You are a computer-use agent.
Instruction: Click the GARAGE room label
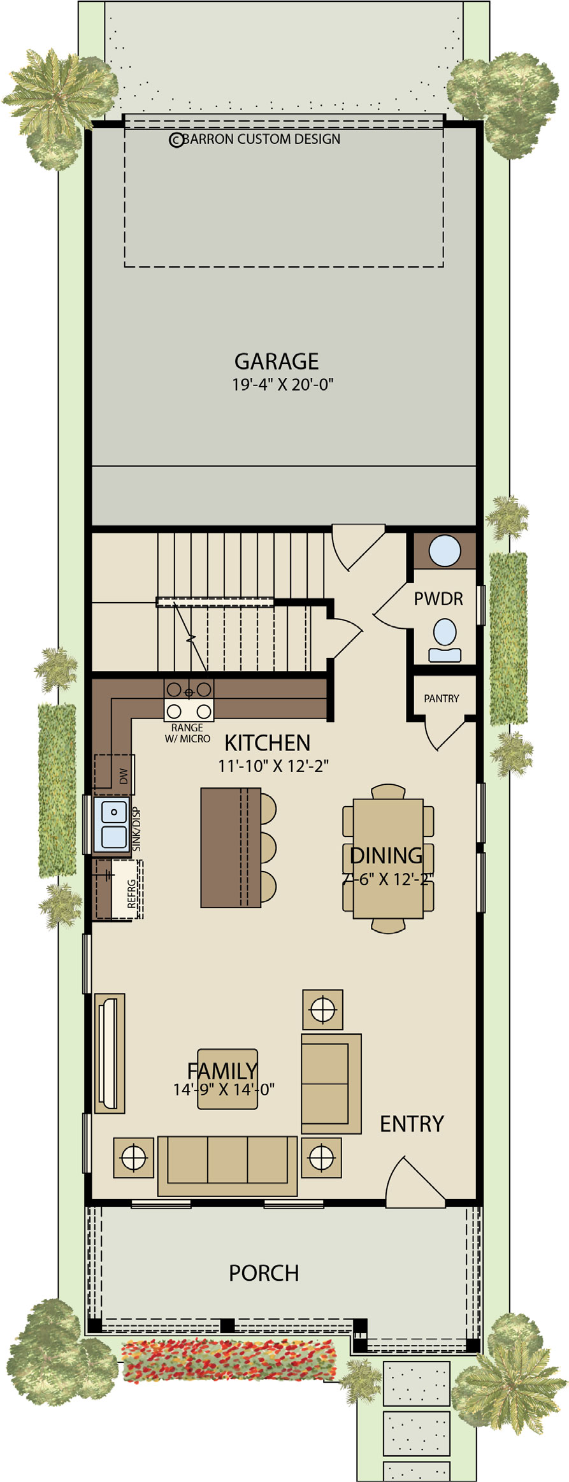(277, 361)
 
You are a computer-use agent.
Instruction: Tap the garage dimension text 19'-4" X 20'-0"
(283, 384)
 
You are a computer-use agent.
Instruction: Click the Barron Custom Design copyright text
(254, 139)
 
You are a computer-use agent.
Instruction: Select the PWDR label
(438, 599)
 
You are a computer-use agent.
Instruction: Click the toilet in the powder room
(445, 641)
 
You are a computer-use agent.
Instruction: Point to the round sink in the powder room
(445, 550)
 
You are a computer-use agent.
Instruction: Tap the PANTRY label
(442, 698)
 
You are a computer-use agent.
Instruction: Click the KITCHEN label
(268, 743)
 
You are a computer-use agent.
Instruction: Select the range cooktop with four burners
(189, 700)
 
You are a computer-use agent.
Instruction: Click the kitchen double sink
(113, 824)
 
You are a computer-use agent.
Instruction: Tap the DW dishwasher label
(124, 776)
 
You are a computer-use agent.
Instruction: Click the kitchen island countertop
(231, 847)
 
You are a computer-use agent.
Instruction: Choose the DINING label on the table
(386, 855)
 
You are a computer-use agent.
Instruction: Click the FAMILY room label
(222, 1071)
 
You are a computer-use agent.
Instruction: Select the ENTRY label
(412, 1124)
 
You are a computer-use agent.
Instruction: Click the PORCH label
(264, 1273)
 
